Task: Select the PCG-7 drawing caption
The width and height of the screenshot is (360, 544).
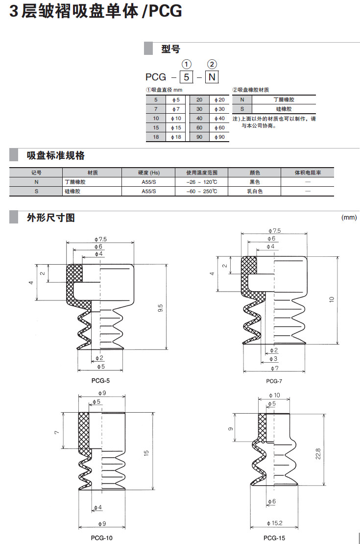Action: [274, 381]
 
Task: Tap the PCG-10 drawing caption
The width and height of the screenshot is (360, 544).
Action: [102, 538]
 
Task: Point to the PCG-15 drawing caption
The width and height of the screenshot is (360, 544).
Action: [274, 538]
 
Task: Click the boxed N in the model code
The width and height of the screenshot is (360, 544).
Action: [212, 77]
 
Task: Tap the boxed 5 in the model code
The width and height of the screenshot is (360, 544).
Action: [185, 77]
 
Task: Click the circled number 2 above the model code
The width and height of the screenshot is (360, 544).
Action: [212, 64]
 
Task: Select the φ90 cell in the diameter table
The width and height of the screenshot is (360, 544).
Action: [219, 137]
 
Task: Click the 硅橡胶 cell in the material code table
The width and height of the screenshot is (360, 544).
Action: [284, 109]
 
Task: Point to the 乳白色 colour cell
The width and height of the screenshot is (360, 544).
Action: [255, 191]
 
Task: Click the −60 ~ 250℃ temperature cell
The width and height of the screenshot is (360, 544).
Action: [202, 191]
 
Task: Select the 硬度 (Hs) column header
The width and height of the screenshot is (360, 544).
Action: [148, 173]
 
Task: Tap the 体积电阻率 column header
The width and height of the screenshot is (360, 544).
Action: [308, 173]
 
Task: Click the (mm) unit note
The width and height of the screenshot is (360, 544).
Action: [349, 217]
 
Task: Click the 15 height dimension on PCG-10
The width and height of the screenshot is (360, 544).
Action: [146, 454]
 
